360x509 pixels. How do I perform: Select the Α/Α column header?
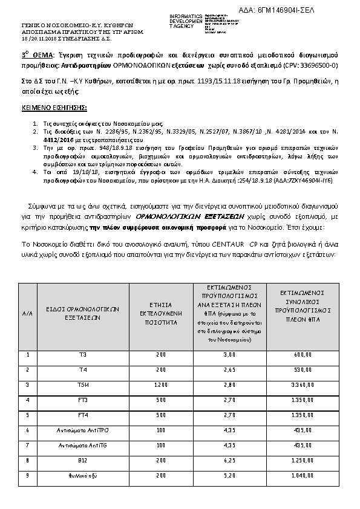pyautogui.click(x=28, y=314)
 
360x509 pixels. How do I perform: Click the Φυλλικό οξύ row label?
pyautogui.click(x=83, y=476)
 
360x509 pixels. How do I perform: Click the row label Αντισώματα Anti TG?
pyautogui.click(x=83, y=446)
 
